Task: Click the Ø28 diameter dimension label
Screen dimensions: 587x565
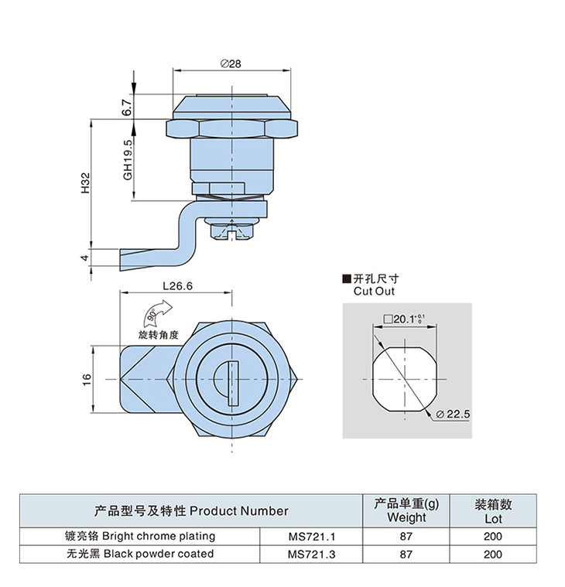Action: tap(231, 64)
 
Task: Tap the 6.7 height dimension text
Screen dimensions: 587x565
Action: tap(127, 107)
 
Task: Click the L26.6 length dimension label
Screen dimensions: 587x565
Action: tap(177, 285)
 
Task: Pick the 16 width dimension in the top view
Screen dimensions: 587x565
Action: tap(87, 378)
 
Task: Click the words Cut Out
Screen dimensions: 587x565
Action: tap(374, 292)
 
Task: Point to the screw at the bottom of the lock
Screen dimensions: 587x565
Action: tap(232, 231)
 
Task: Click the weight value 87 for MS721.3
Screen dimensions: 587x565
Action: tap(406, 554)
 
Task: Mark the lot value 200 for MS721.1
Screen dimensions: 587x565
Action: tap(493, 536)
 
